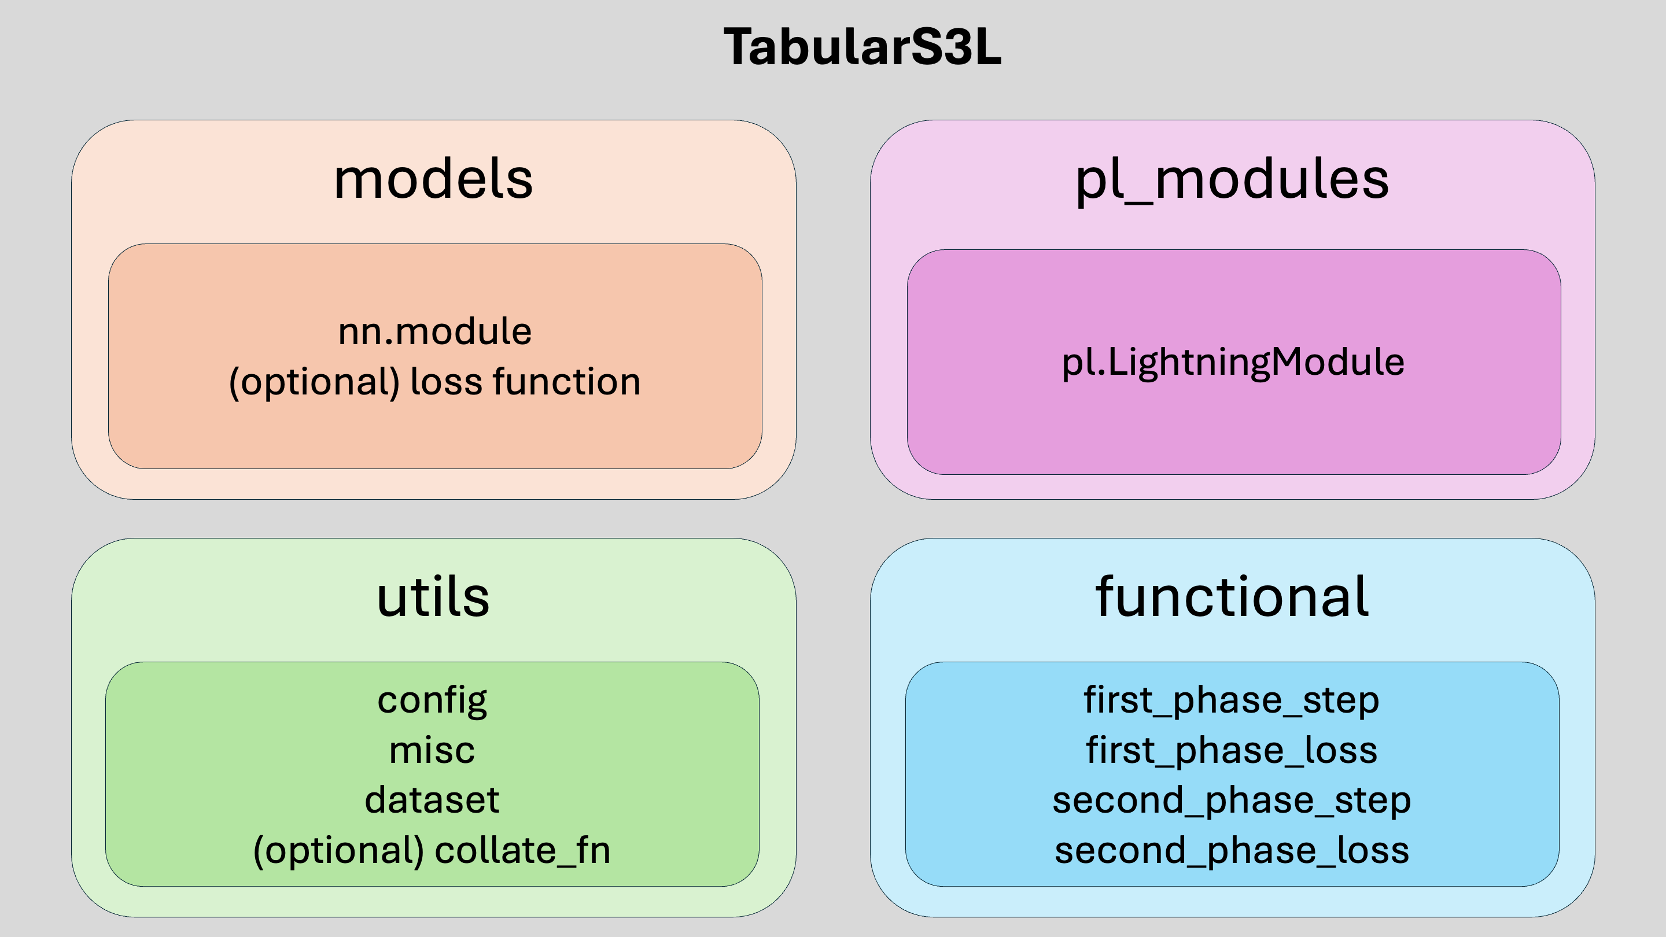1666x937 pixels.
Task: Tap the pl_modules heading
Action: pos(1232,181)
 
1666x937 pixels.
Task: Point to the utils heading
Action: pos(433,596)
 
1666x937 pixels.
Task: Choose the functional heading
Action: pos(1232,596)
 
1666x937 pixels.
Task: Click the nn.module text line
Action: pos(435,332)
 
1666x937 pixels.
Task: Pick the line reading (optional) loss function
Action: pos(435,382)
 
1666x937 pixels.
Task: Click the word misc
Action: pos(432,750)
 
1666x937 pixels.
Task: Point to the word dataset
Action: pos(432,799)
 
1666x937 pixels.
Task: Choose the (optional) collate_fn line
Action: pos(432,850)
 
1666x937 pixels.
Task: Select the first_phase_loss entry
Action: pos(1232,751)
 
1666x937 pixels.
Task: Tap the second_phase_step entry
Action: pos(1232,800)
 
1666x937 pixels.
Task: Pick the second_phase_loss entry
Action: pos(1232,850)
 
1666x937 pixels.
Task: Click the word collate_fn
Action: pos(522,850)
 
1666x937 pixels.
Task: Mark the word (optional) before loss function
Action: pos(314,382)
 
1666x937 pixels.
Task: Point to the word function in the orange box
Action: pos(567,381)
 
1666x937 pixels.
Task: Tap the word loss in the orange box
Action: pos(446,381)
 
